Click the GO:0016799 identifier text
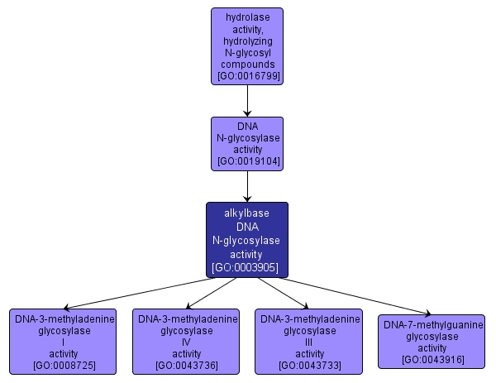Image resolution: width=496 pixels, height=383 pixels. [x=248, y=76]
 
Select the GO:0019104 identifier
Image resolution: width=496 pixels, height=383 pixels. [x=248, y=161]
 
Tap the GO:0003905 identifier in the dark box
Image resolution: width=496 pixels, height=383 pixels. [x=246, y=268]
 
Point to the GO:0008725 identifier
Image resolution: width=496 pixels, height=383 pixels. [x=64, y=365]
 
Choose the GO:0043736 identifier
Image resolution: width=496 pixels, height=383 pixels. [x=188, y=365]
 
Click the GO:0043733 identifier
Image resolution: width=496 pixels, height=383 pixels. [x=310, y=365]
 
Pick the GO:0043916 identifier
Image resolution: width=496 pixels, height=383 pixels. [x=431, y=359]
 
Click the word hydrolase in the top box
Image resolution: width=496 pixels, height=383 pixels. [x=248, y=17]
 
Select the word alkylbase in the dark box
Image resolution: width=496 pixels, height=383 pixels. [x=246, y=213]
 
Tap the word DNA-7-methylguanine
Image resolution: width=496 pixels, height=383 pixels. [x=431, y=324]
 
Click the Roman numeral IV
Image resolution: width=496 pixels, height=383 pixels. [x=188, y=342]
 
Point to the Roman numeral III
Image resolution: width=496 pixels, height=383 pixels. [x=310, y=342]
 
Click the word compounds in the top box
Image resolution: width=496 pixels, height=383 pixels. [x=248, y=64]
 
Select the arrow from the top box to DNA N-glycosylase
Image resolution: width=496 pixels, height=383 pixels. [x=248, y=101]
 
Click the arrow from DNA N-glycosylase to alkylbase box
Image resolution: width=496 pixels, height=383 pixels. [x=248, y=186]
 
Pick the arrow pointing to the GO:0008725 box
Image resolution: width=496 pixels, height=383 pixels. [x=132, y=294]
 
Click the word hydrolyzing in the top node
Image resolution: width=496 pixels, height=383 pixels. [x=248, y=40]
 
